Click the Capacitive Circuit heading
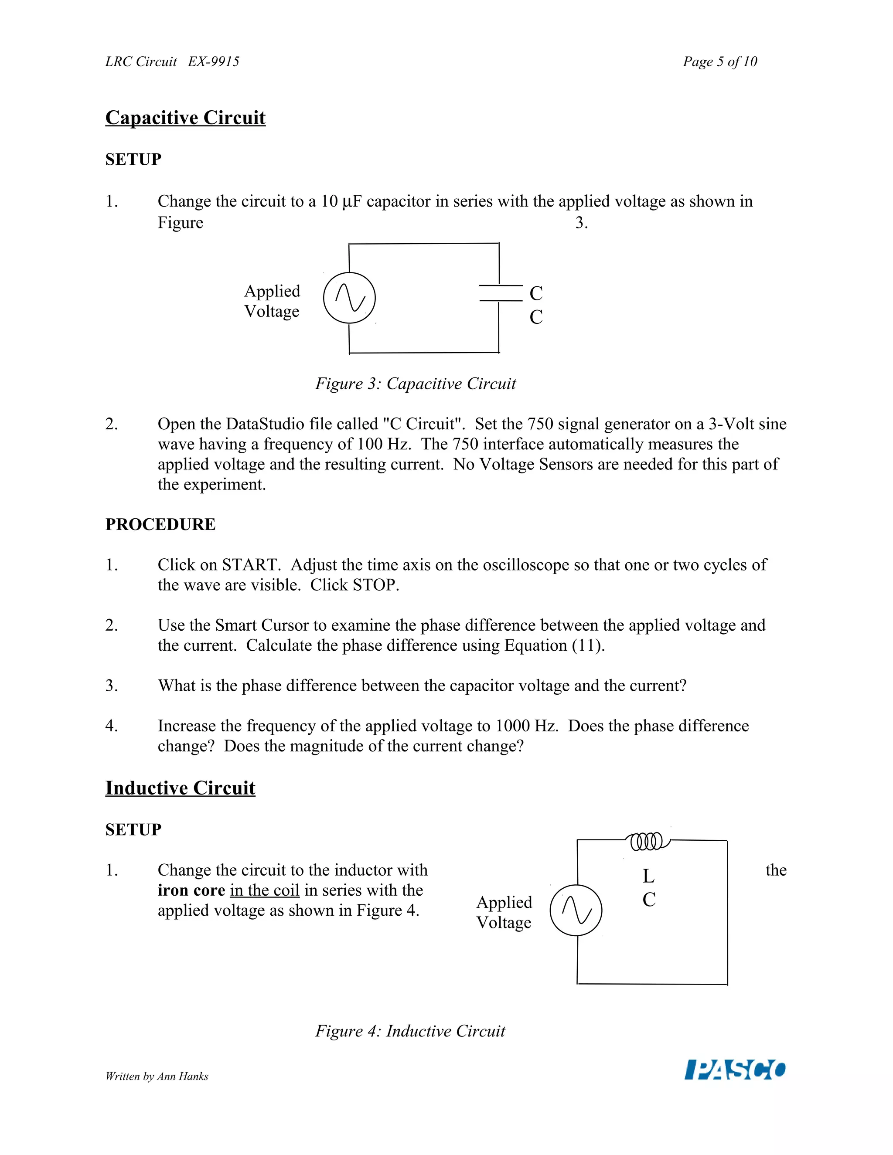click(x=185, y=117)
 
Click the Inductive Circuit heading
click(x=180, y=788)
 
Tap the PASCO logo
click(x=735, y=1069)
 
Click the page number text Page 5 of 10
click(x=719, y=62)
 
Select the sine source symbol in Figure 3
click(x=349, y=298)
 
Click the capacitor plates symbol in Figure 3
click(x=500, y=293)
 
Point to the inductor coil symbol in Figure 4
click(x=647, y=841)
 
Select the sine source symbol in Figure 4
click(x=576, y=910)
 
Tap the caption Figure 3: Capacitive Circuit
click(x=415, y=384)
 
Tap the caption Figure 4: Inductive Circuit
click(x=410, y=1031)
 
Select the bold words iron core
click(x=191, y=890)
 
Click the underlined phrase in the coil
click(x=265, y=890)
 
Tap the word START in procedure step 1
click(x=251, y=565)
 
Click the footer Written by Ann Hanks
click(x=157, y=1076)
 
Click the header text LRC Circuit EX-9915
click(x=172, y=62)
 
